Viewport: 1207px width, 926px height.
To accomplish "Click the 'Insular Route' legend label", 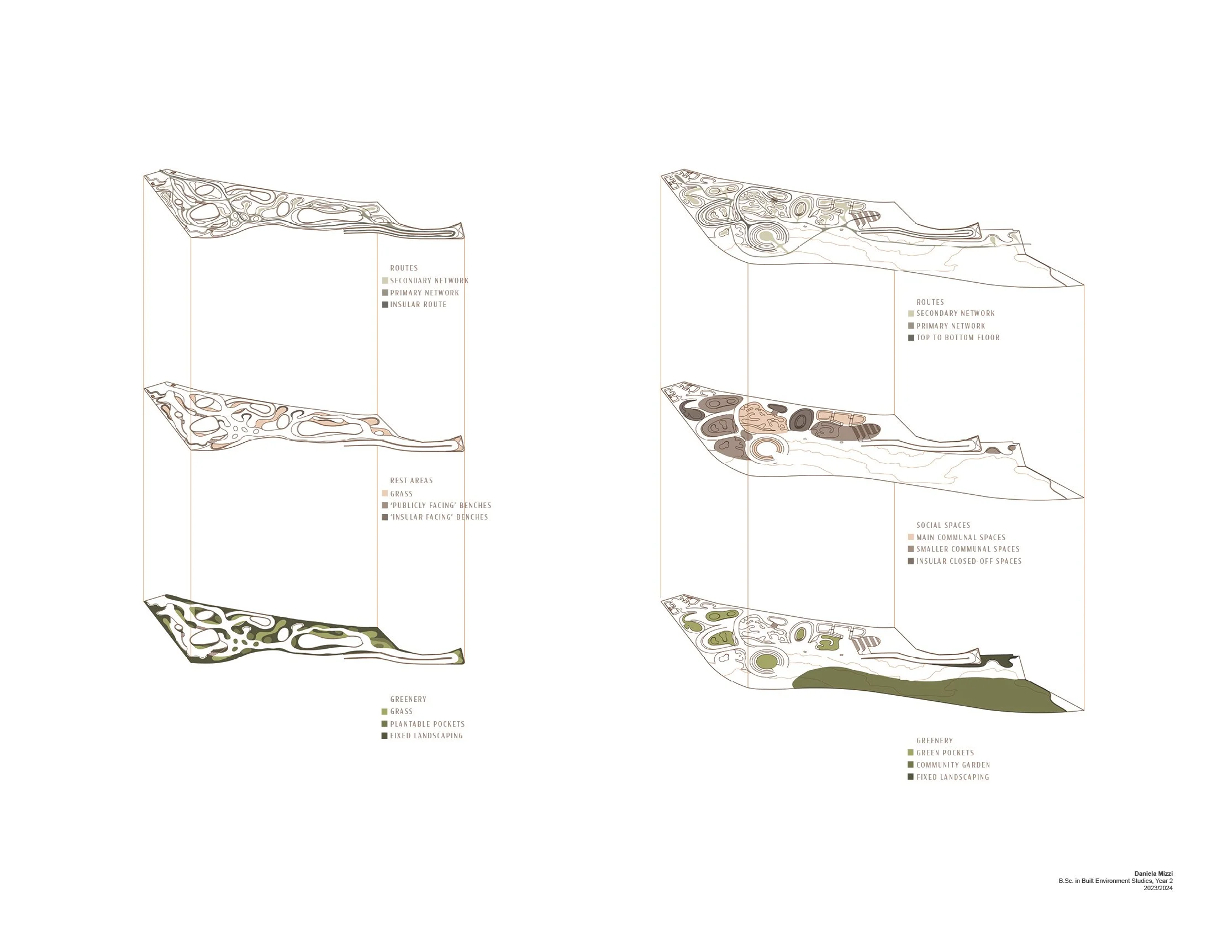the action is [x=418, y=304].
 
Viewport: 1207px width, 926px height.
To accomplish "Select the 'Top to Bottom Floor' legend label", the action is [x=957, y=337].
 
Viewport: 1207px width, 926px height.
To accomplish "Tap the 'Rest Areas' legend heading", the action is [x=411, y=480].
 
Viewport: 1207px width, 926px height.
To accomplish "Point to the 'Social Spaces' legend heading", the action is [x=943, y=525].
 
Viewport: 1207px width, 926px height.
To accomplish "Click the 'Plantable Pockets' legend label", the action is [x=427, y=724].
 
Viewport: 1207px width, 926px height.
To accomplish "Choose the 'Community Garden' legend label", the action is [x=953, y=765].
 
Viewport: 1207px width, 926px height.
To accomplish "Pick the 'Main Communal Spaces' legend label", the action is [x=961, y=537].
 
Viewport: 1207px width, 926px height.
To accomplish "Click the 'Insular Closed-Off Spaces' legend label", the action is [x=968, y=561].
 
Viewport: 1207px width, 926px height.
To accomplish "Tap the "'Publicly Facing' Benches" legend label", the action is [x=440, y=505].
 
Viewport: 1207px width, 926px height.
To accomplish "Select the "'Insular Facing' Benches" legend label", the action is [x=439, y=517].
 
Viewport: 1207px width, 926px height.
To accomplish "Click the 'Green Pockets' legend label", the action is [x=945, y=753].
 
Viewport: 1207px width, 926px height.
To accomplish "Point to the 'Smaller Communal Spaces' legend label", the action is [x=968, y=549].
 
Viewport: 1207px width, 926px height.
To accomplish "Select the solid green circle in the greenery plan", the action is [x=766, y=660].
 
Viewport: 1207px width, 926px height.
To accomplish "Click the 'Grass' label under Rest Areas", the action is [x=401, y=494].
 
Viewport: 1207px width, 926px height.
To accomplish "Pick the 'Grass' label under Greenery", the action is [x=401, y=711].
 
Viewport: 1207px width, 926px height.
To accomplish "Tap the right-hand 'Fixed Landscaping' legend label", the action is [x=952, y=777].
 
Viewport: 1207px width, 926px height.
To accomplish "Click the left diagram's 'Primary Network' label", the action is [x=424, y=293].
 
